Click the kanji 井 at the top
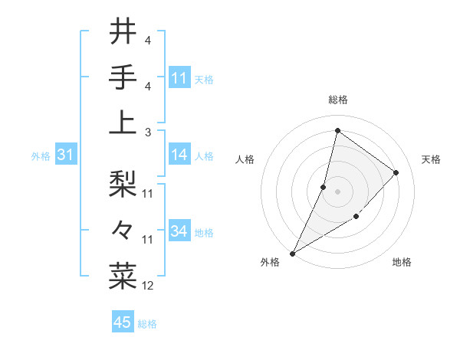point(123,33)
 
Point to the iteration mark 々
point(123,230)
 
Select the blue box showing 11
point(179,77)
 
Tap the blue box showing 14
point(179,155)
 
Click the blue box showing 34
point(179,231)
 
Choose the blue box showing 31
point(65,155)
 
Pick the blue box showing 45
point(123,322)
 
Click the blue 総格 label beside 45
point(147,324)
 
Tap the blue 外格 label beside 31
point(41,155)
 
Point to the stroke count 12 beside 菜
point(148,286)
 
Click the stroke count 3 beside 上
point(147,131)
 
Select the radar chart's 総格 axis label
point(337,100)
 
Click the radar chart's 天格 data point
point(396,172)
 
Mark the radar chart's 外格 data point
point(292,253)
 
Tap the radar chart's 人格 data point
point(324,187)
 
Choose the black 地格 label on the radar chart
point(402,262)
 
